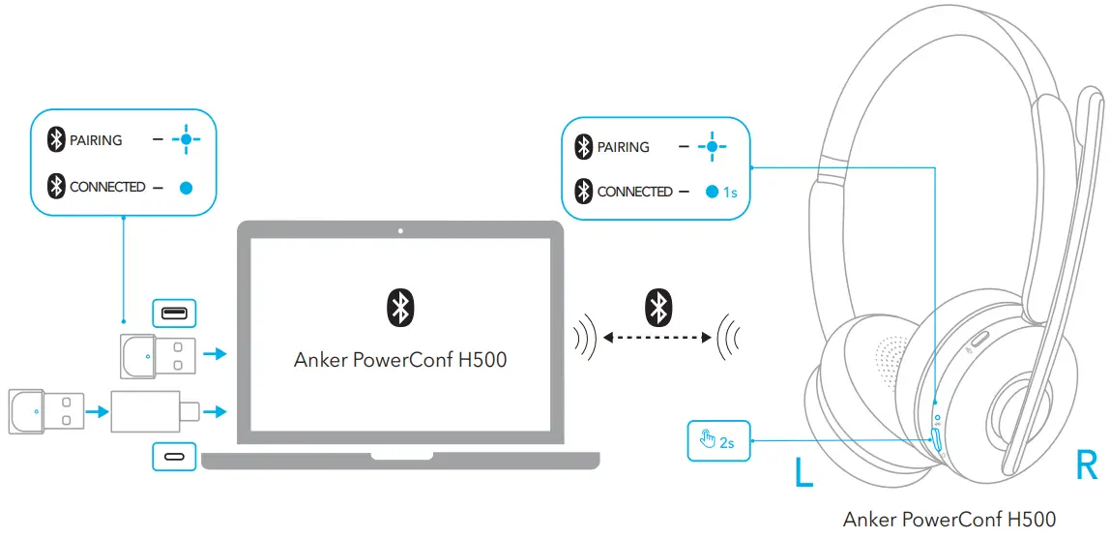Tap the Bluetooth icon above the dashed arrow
(658, 307)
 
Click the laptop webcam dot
(400, 231)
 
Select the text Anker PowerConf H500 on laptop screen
(400, 360)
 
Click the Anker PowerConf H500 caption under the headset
(949, 520)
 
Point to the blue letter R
(1086, 467)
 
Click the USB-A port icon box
(174, 314)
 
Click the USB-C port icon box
(174, 456)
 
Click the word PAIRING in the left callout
(96, 140)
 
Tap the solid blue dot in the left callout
(187, 188)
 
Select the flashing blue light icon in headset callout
(712, 147)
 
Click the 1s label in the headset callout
(730, 193)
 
